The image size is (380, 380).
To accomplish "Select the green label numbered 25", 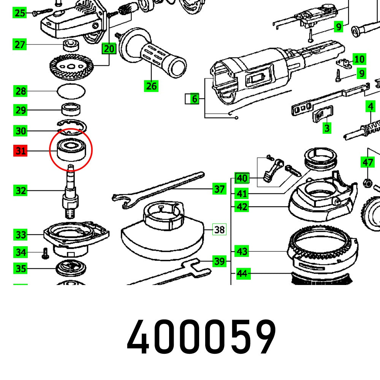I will pyautogui.click(x=20, y=13).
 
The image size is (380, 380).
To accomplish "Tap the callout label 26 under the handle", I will pyautogui.click(x=151, y=86).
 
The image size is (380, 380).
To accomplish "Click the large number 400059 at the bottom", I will pyautogui.click(x=201, y=337).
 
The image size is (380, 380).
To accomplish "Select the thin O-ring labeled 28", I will pyautogui.click(x=71, y=91).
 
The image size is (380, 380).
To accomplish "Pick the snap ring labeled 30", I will pyautogui.click(x=73, y=127).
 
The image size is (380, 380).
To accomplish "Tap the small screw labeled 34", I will pyautogui.click(x=45, y=253).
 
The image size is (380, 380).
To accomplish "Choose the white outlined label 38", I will pyautogui.click(x=219, y=230).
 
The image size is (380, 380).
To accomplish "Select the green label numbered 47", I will pyautogui.click(x=367, y=163).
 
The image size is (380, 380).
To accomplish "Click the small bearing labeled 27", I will pyautogui.click(x=70, y=45).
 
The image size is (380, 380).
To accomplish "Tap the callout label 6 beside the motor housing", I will pyautogui.click(x=194, y=99).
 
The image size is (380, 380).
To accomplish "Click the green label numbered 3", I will pyautogui.click(x=327, y=128).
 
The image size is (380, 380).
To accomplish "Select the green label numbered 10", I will pyautogui.click(x=359, y=59).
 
